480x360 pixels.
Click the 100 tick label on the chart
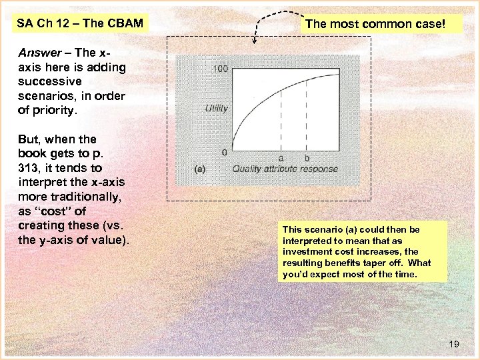coord(220,69)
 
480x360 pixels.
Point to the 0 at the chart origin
coord(224,152)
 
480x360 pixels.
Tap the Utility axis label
coord(216,109)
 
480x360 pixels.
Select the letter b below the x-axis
coord(306,158)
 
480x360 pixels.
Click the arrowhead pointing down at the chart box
coord(254,41)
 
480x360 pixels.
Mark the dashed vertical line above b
coord(306,113)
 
